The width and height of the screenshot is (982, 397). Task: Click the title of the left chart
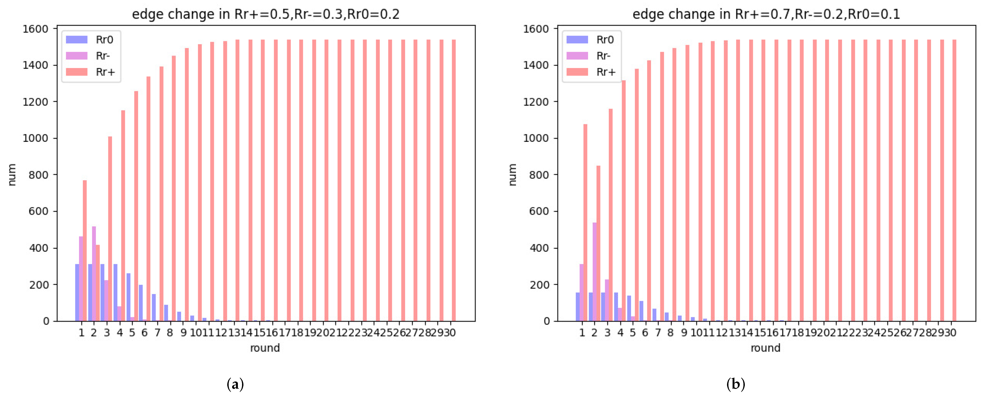coord(265,14)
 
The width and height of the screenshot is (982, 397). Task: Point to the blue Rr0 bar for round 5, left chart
coord(128,297)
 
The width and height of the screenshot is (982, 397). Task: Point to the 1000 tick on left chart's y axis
coord(36,138)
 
